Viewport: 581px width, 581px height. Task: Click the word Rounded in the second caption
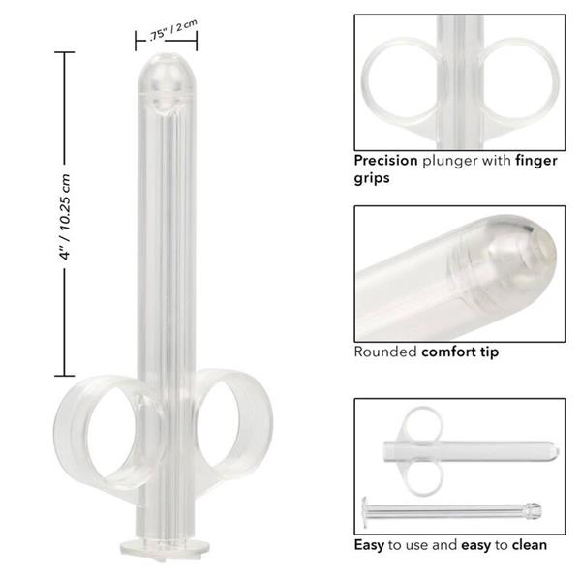tap(385, 352)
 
